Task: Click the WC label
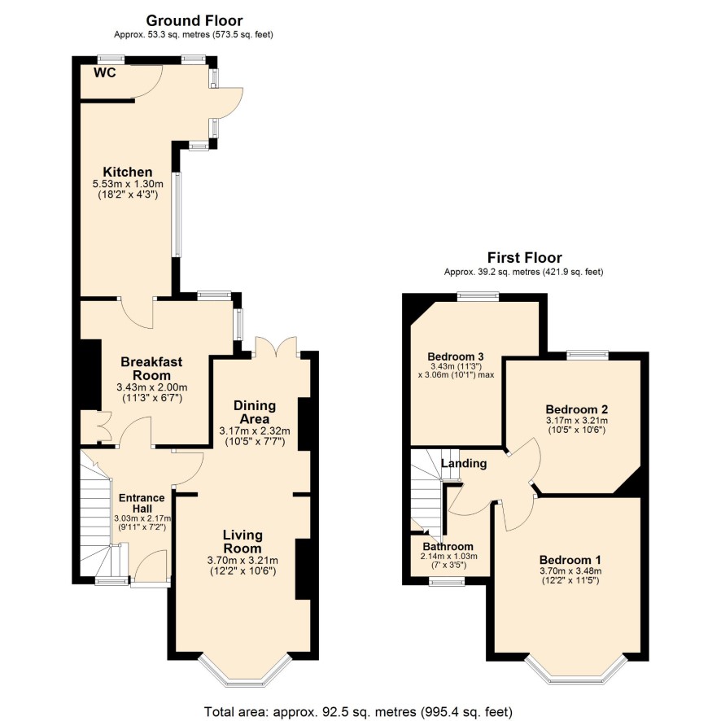105,72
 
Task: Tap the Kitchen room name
128,172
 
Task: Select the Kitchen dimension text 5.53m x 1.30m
128,184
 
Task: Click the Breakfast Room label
151,369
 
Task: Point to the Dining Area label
255,412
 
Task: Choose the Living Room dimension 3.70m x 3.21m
243,561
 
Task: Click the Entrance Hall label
142,503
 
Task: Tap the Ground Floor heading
194,20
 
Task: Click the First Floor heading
525,257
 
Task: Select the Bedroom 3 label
455,356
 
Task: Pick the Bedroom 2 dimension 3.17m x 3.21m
577,420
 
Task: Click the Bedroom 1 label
570,560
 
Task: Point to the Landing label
464,464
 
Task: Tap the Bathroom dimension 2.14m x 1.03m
448,556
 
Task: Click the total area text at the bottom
358,712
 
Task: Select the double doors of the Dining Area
276,347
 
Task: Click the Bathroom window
447,582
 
